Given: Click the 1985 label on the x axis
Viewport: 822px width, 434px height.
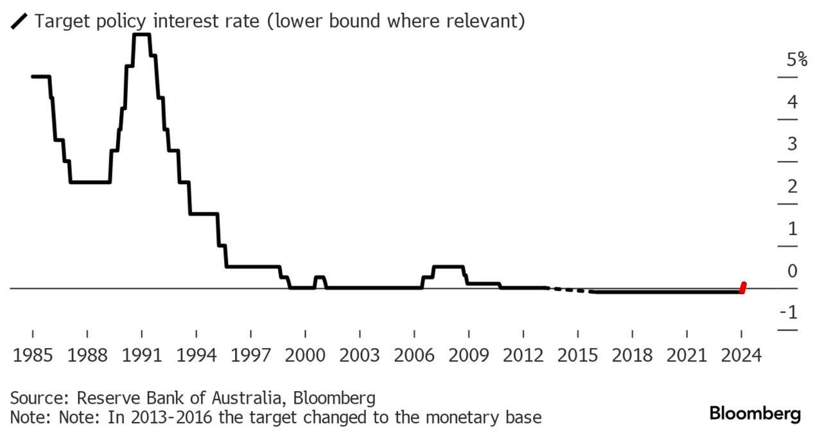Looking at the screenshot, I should click(x=32, y=355).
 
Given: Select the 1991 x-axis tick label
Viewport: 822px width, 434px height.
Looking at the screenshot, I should click(x=141, y=355).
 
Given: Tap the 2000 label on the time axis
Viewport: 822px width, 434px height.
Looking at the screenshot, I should click(x=305, y=355).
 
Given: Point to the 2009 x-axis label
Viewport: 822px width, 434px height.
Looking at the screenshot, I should click(x=469, y=355).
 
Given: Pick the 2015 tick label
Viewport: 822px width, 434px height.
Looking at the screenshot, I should click(x=578, y=355).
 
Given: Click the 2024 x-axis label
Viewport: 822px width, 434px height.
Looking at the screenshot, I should click(x=741, y=355).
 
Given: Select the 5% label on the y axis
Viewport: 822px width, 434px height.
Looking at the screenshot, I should click(x=796, y=60).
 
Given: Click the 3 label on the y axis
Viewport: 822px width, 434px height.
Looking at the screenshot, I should click(x=792, y=144).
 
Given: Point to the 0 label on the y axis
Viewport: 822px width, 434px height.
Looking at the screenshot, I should click(x=792, y=271).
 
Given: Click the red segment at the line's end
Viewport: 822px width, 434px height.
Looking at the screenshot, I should click(x=743, y=287).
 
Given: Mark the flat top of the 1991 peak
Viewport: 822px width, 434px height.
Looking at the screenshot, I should click(x=141, y=35).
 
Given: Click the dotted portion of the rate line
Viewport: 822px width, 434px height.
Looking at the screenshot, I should click(x=568, y=290).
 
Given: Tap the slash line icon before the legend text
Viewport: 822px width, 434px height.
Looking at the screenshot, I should click(x=19, y=22).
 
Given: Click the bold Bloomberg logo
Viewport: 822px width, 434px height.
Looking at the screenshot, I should click(x=755, y=413).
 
